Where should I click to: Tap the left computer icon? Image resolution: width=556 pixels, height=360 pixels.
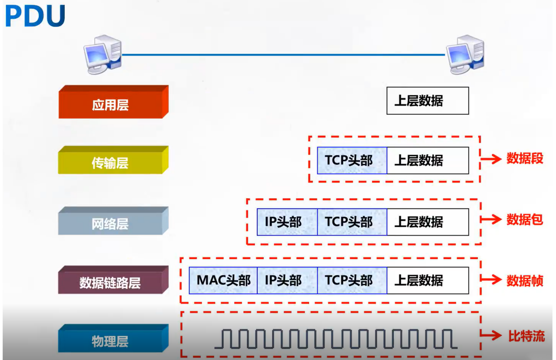pyautogui.click(x=103, y=54)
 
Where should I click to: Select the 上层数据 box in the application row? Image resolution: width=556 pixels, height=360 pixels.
pyautogui.click(x=427, y=101)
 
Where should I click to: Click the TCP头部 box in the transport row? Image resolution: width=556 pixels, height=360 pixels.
pyautogui.click(x=352, y=160)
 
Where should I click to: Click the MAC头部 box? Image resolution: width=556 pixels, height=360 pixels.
pyautogui.click(x=223, y=280)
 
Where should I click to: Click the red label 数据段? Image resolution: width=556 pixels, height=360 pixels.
pyautogui.click(x=525, y=159)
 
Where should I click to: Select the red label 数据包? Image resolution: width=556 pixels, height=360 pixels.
pyautogui.click(x=525, y=220)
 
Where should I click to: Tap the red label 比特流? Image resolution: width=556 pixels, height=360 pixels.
pyautogui.click(x=526, y=336)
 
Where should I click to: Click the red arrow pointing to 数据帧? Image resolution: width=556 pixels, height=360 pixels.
pyautogui.click(x=491, y=280)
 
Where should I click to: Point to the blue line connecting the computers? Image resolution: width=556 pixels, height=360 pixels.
pyautogui.click(x=283, y=55)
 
